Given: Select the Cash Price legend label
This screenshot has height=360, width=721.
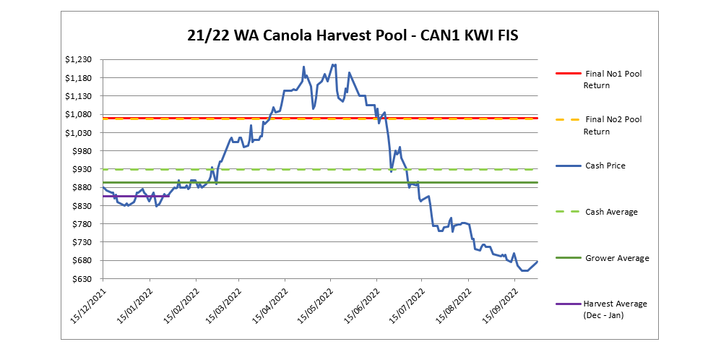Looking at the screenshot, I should [605, 166].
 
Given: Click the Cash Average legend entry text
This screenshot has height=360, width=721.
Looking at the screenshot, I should [611, 212].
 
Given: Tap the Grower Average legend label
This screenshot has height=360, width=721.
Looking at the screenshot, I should [616, 258].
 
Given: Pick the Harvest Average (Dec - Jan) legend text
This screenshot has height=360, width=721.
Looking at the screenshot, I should [615, 309].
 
